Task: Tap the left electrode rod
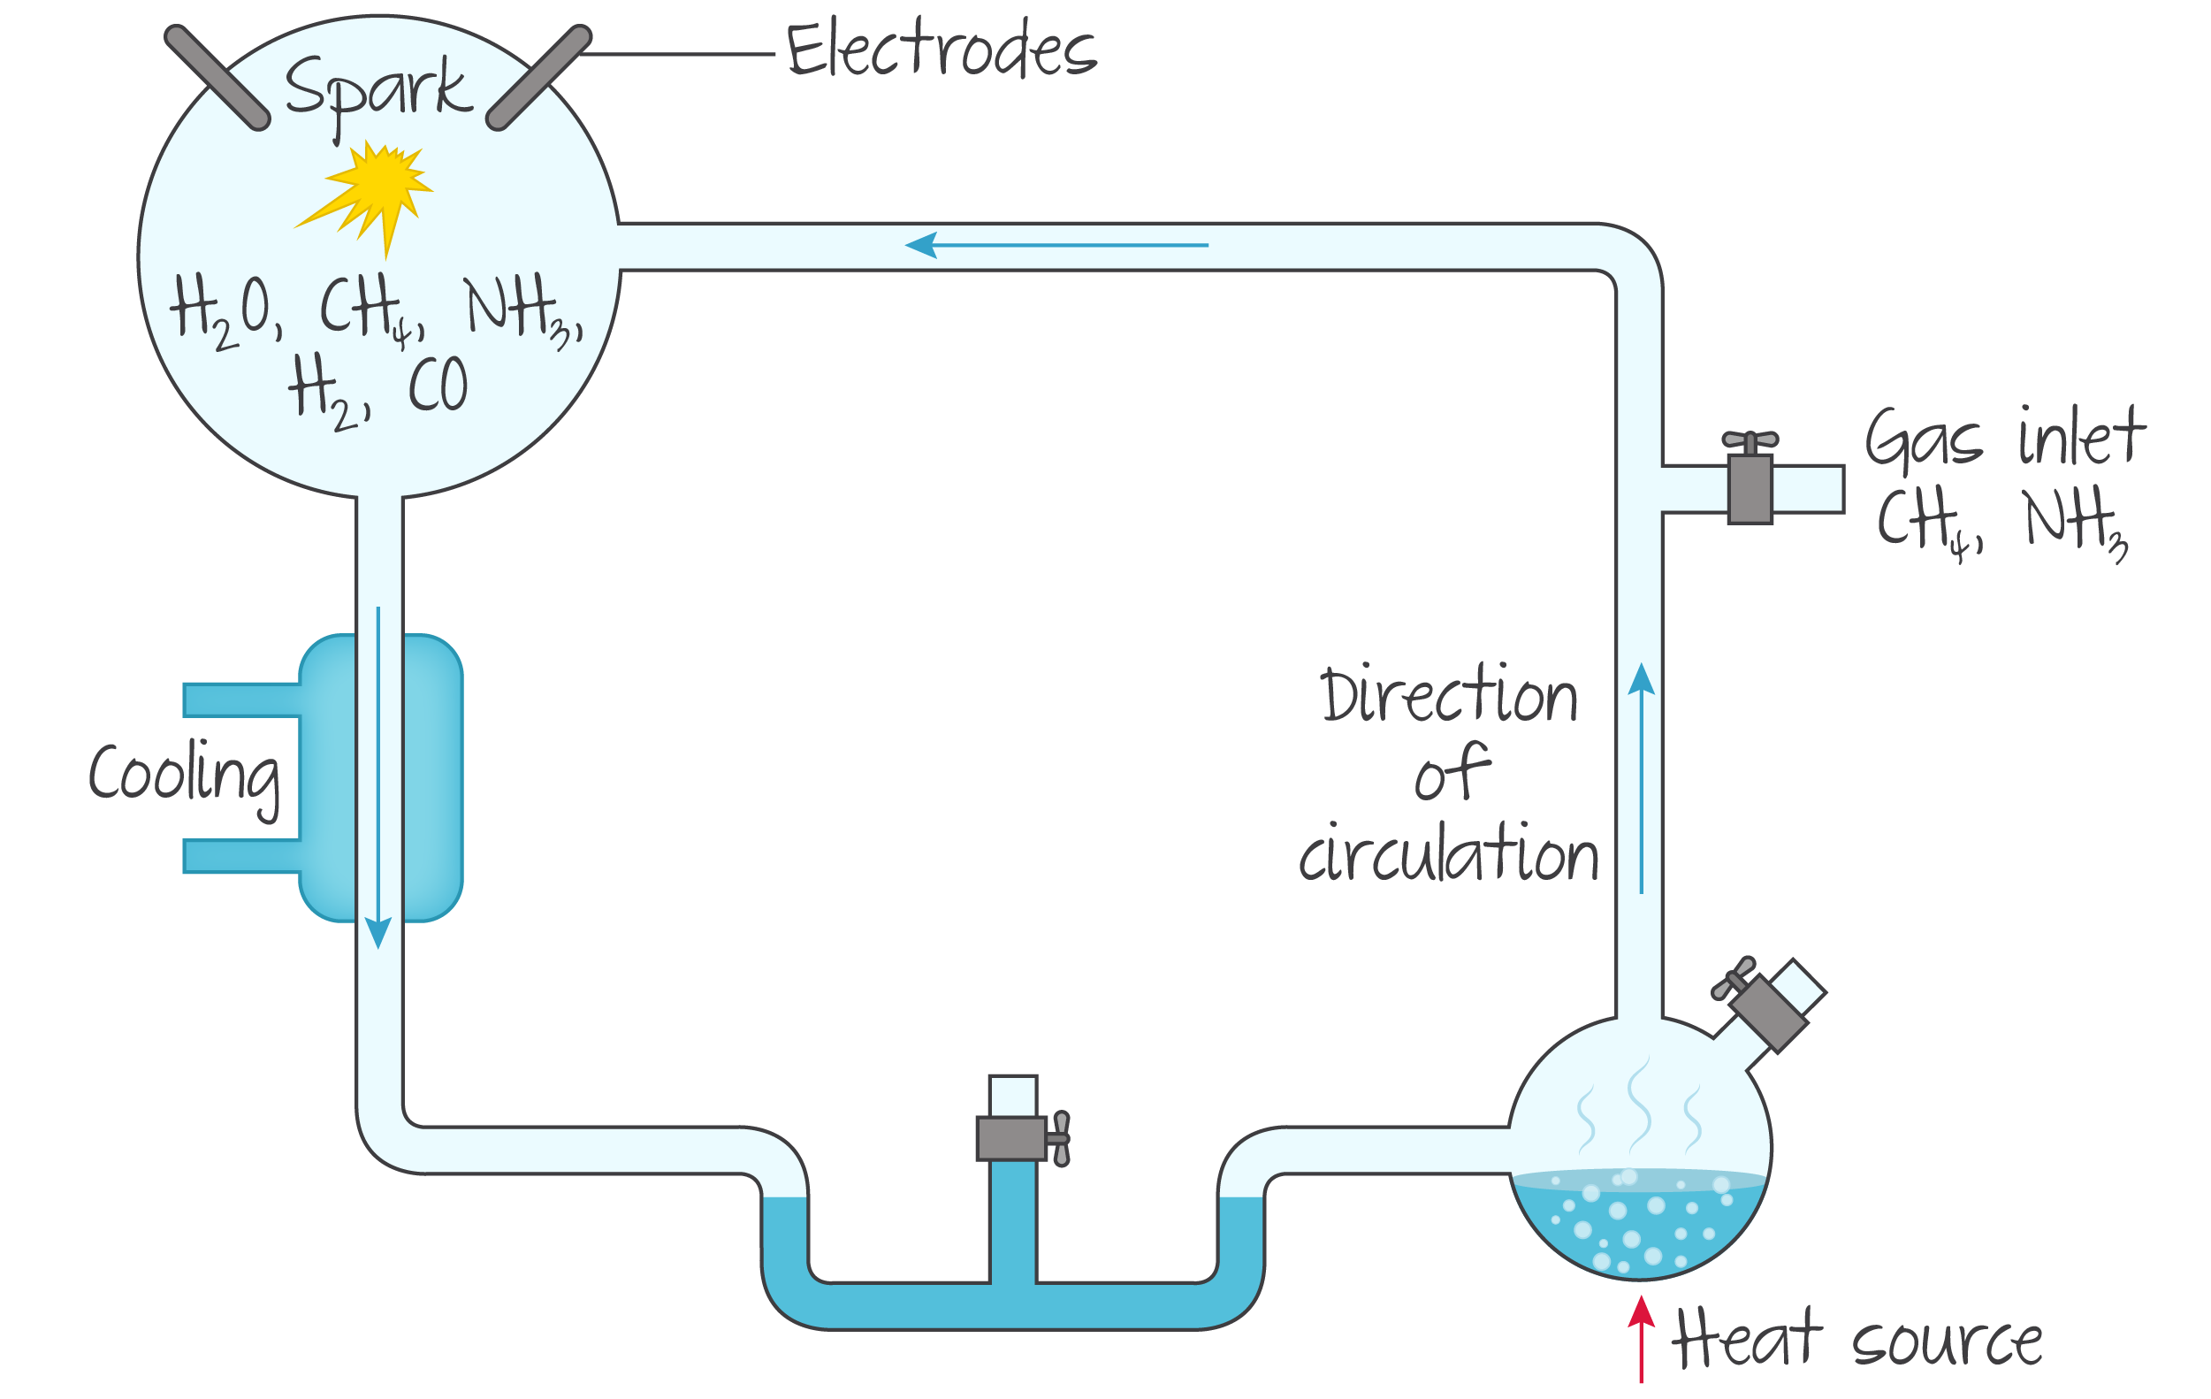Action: [x=217, y=77]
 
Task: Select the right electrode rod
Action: [x=539, y=77]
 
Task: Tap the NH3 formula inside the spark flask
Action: [x=521, y=310]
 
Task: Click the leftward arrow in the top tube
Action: [x=1056, y=245]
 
